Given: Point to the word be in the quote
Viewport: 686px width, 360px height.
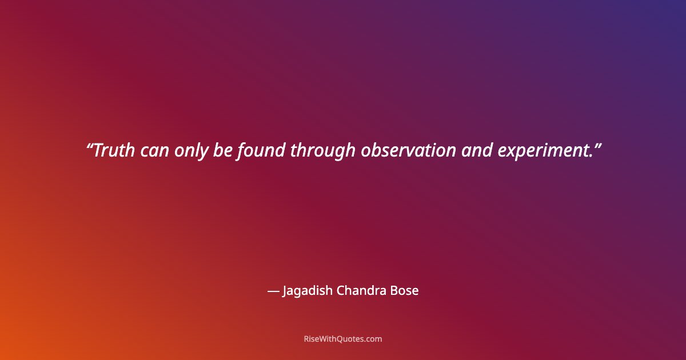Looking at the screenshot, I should click(x=224, y=150).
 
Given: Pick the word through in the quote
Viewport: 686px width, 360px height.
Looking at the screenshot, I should click(x=323, y=151).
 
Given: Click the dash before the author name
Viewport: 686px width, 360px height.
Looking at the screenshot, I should click(x=273, y=291).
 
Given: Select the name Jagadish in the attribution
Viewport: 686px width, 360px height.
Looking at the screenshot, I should click(x=307, y=291).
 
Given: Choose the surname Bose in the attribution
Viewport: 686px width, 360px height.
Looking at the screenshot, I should click(x=404, y=290).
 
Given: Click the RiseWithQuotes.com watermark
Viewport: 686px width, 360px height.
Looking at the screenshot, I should click(x=343, y=339).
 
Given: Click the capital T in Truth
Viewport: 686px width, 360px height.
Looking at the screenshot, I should click(x=98, y=150).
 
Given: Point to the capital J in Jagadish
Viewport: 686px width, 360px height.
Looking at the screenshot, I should click(x=285, y=291).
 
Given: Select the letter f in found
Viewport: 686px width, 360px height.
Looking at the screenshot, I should click(x=240, y=151).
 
